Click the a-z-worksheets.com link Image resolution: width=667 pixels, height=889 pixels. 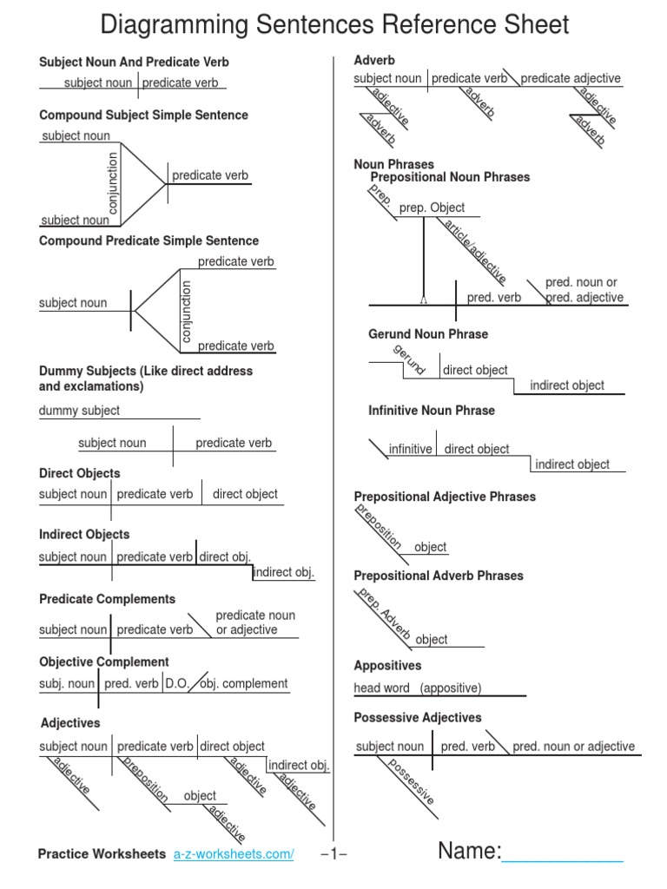pyautogui.click(x=234, y=854)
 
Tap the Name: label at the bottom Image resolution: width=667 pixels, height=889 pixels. pyautogui.click(x=470, y=851)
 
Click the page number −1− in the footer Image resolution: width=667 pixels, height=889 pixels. pyautogui.click(x=333, y=854)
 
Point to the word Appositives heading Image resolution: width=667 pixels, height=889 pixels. pyautogui.click(x=387, y=666)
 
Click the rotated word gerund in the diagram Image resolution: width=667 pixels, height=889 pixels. pyautogui.click(x=409, y=359)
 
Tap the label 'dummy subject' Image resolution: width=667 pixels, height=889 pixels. pyautogui.click(x=80, y=411)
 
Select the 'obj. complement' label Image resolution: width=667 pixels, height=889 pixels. pyautogui.click(x=244, y=683)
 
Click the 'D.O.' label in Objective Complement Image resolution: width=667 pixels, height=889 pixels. pyautogui.click(x=176, y=683)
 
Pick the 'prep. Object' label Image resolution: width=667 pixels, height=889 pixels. pyautogui.click(x=432, y=207)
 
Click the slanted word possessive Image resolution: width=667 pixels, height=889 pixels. pyautogui.click(x=411, y=781)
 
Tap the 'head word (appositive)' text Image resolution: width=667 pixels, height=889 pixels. pyautogui.click(x=418, y=688)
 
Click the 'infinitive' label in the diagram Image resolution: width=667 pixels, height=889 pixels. pyautogui.click(x=410, y=449)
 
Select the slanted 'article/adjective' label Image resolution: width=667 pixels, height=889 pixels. pyautogui.click(x=474, y=252)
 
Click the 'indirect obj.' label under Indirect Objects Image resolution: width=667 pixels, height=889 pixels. pyautogui.click(x=284, y=573)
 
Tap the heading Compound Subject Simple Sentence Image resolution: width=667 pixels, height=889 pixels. pyautogui.click(x=143, y=115)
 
